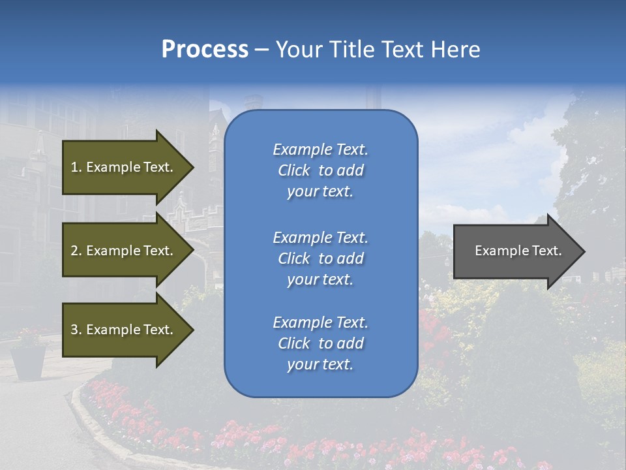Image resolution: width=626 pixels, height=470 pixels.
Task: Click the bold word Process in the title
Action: tap(205, 50)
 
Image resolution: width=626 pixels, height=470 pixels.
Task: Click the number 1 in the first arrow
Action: tap(74, 167)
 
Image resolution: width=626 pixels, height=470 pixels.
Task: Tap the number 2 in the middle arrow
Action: tap(74, 251)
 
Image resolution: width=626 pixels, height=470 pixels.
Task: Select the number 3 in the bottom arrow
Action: tap(74, 330)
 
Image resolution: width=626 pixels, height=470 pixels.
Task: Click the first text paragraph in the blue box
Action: tap(320, 170)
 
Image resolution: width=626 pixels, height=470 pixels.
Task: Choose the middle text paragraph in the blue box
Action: tap(320, 258)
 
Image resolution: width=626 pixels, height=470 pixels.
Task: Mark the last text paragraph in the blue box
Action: tap(320, 343)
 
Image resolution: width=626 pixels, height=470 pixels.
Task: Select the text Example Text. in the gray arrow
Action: tap(518, 251)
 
